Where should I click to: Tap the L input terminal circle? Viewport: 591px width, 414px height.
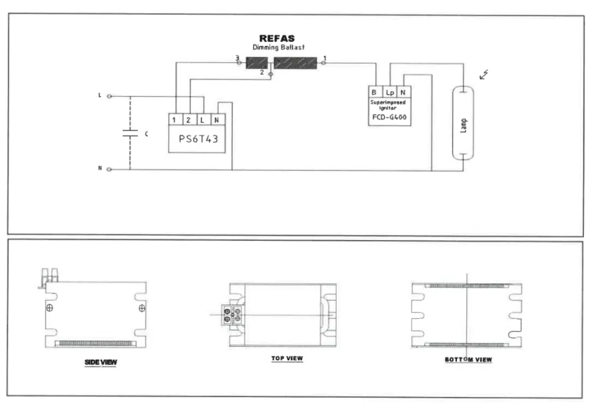click(x=109, y=96)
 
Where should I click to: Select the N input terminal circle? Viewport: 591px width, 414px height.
click(x=109, y=169)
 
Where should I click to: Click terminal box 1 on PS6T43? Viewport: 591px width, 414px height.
click(x=175, y=120)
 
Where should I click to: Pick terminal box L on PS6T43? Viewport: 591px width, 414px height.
click(x=204, y=120)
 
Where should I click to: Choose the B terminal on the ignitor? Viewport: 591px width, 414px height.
click(x=375, y=92)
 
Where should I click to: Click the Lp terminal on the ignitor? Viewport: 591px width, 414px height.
click(x=389, y=92)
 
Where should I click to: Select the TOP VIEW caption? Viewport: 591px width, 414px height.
click(x=287, y=358)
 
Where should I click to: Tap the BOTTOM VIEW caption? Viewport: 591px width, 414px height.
click(x=468, y=359)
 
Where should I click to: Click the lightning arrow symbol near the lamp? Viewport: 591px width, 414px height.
click(x=485, y=75)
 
